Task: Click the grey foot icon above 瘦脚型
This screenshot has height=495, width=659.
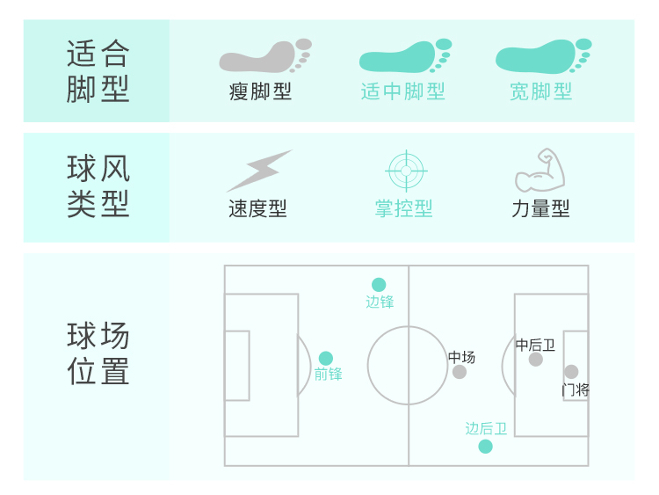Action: [x=264, y=55]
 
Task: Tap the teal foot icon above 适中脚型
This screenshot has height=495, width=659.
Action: [x=404, y=55]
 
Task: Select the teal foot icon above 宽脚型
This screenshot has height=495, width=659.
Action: [x=542, y=55]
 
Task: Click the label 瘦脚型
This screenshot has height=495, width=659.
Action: [x=260, y=91]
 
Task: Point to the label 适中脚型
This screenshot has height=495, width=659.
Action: [x=403, y=91]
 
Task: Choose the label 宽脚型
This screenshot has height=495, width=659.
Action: [x=541, y=91]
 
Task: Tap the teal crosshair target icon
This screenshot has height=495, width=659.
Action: [x=406, y=171]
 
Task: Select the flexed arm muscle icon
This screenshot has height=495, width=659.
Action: [x=540, y=171]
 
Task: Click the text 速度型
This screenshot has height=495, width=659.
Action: [x=257, y=208]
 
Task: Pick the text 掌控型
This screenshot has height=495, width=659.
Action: [x=404, y=208]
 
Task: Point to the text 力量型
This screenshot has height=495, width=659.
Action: [x=540, y=208]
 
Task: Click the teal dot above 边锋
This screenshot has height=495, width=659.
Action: [x=379, y=285]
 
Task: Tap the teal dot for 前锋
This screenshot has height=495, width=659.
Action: [x=326, y=359]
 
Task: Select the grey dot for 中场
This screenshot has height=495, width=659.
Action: [x=460, y=372]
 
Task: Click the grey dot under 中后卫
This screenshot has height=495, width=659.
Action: [x=536, y=359]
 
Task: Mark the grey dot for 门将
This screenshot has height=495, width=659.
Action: [x=571, y=372]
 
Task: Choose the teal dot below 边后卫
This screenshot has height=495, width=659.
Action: [x=486, y=447]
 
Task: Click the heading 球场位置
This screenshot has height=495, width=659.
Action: [x=98, y=353]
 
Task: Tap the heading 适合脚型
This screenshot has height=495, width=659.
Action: [x=98, y=71]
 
